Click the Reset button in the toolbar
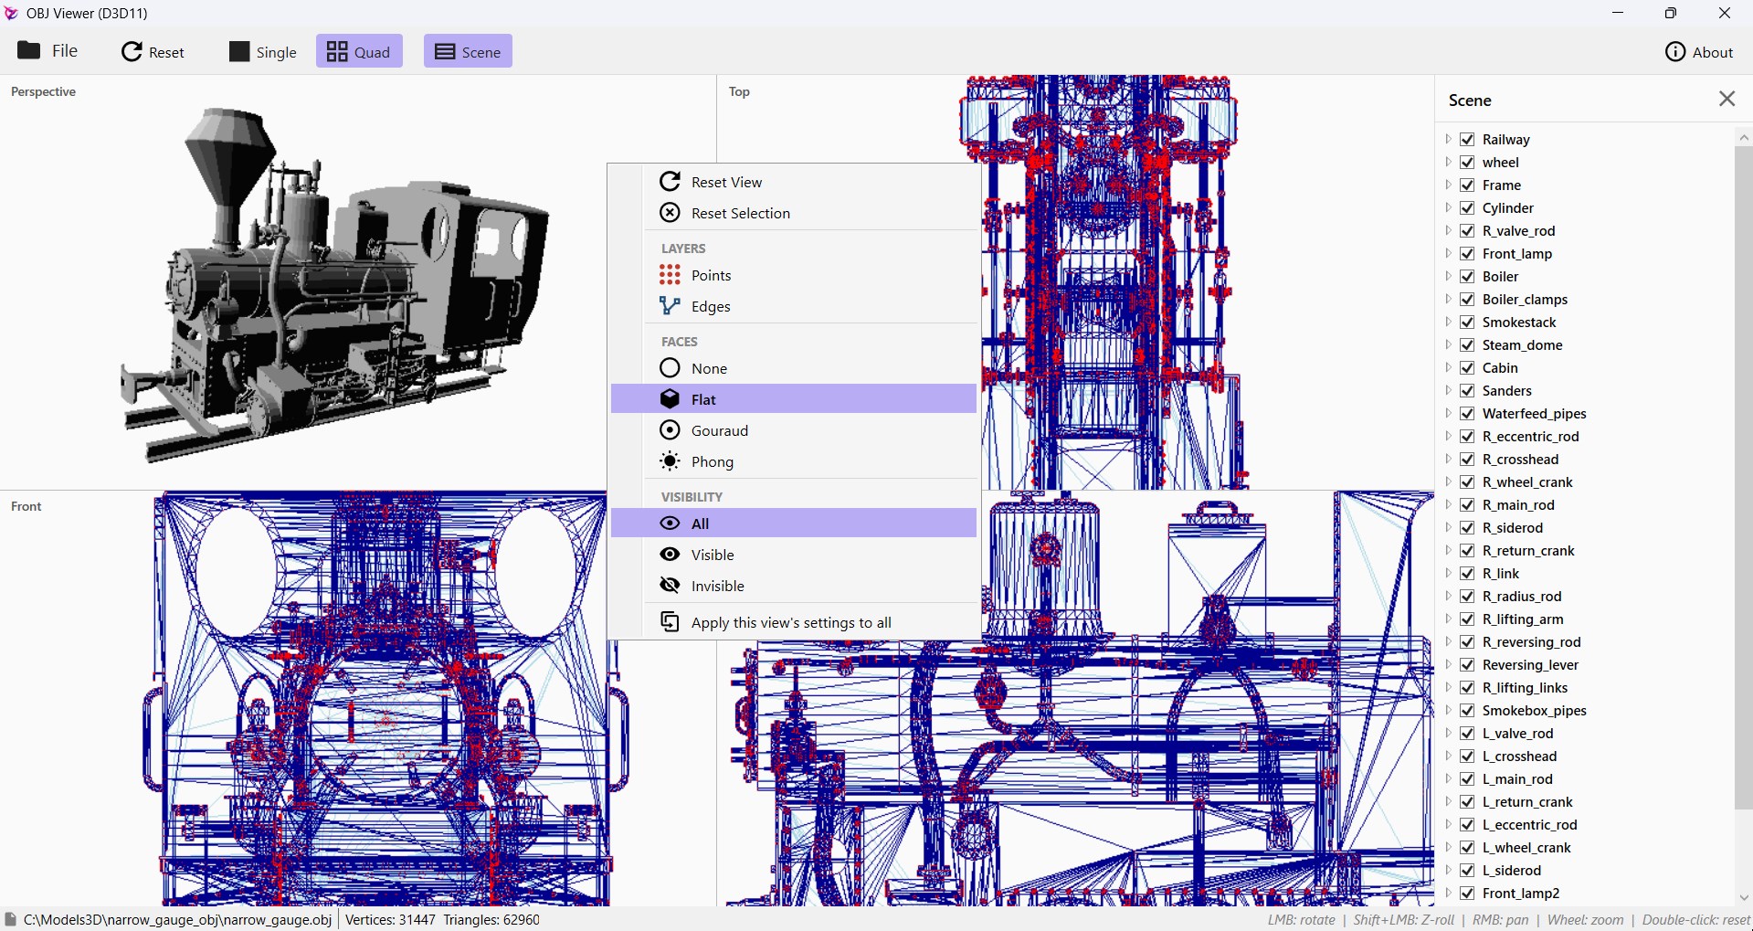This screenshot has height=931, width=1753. pos(153,52)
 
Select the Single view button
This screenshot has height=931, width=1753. pos(263,52)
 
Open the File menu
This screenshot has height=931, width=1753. pos(48,51)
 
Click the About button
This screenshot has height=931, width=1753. pos(1699,52)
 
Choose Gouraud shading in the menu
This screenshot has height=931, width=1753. pos(720,430)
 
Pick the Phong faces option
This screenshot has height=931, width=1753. pos(713,461)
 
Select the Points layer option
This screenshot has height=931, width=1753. pos(711,275)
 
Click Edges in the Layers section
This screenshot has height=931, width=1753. pos(711,306)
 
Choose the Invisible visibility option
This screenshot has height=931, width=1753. pos(718,586)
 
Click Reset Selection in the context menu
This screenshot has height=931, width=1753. pos(740,213)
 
